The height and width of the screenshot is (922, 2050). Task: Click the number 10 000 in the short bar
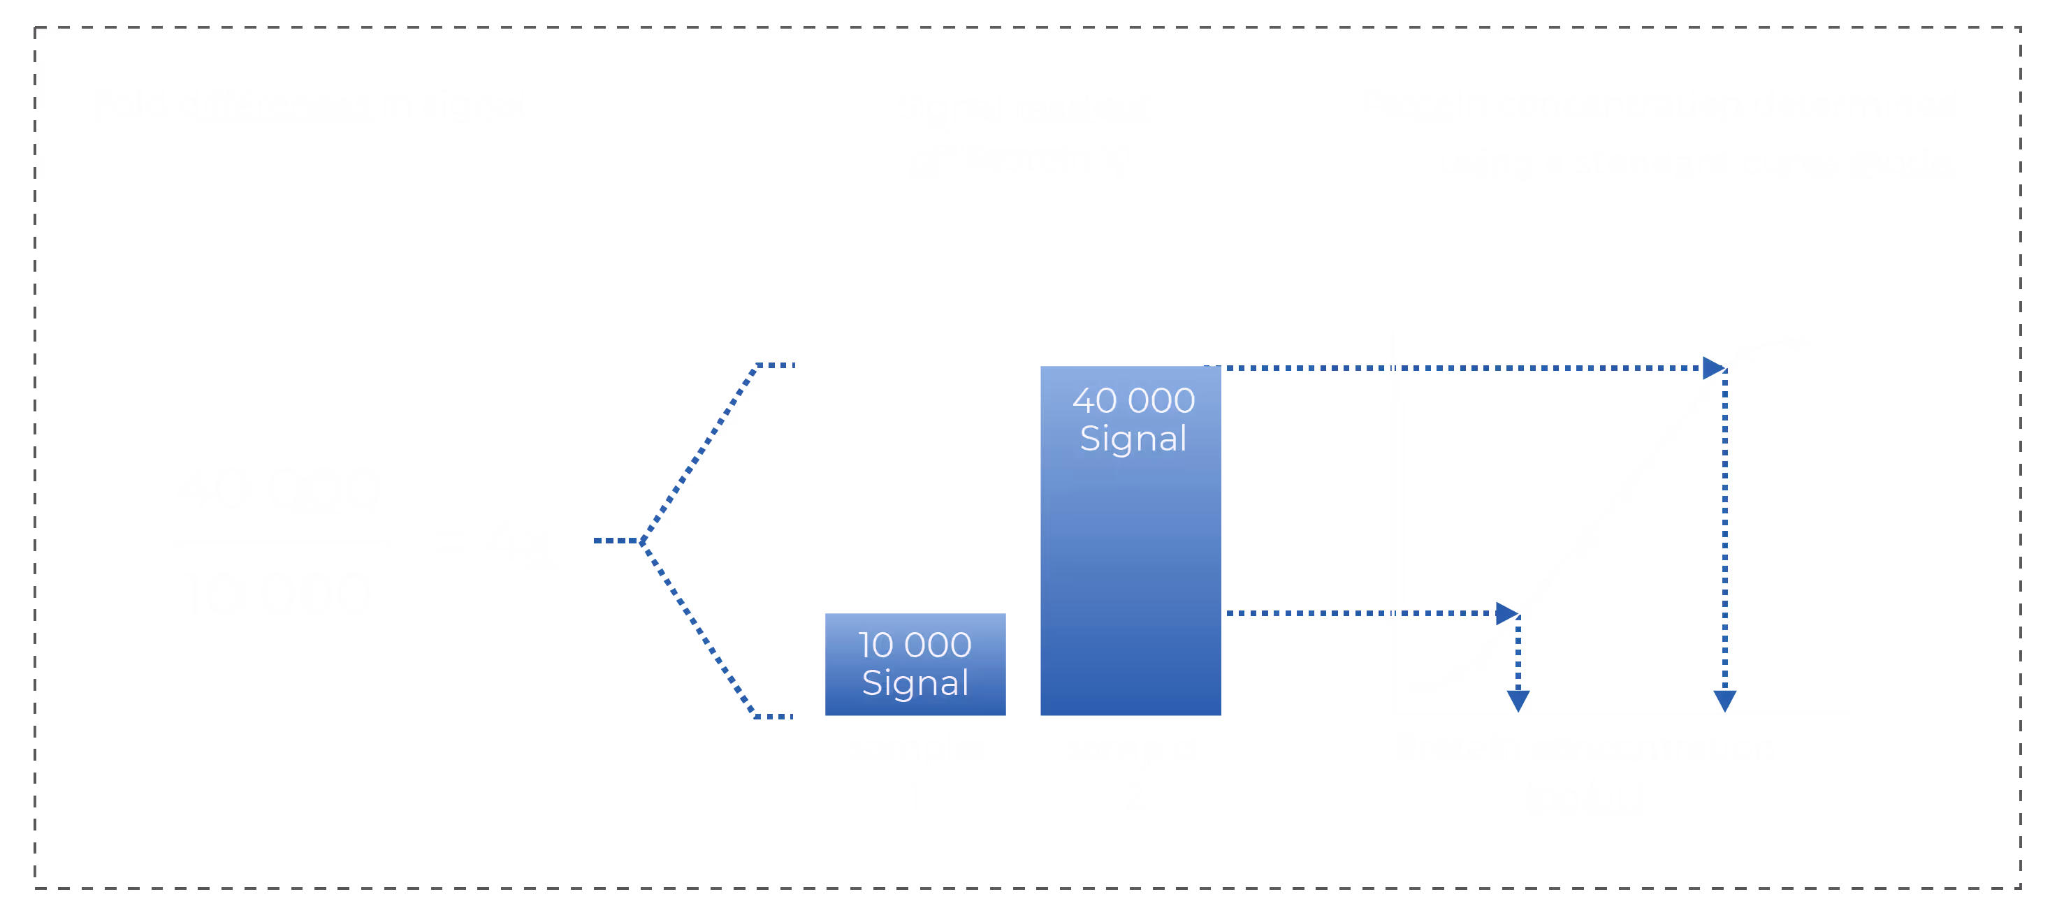(915, 645)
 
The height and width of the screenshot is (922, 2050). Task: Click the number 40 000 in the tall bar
(1133, 401)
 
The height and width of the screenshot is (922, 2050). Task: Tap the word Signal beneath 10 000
(915, 683)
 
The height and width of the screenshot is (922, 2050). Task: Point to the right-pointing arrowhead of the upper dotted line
(1713, 368)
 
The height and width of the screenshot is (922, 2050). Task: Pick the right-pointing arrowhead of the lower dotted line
(1506, 613)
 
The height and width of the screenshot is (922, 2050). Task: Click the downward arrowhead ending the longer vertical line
(1724, 701)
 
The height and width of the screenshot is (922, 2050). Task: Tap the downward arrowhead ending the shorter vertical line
(1518, 701)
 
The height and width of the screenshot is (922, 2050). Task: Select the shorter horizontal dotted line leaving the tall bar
(1361, 613)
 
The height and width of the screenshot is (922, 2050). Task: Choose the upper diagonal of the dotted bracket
(699, 453)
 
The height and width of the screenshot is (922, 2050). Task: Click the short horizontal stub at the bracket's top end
(775, 366)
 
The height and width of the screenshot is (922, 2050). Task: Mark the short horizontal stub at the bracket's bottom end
(773, 717)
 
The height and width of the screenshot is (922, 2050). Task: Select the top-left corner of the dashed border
(35, 28)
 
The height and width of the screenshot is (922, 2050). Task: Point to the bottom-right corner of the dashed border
(2020, 888)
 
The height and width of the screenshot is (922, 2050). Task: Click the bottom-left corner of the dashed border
(35, 888)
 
